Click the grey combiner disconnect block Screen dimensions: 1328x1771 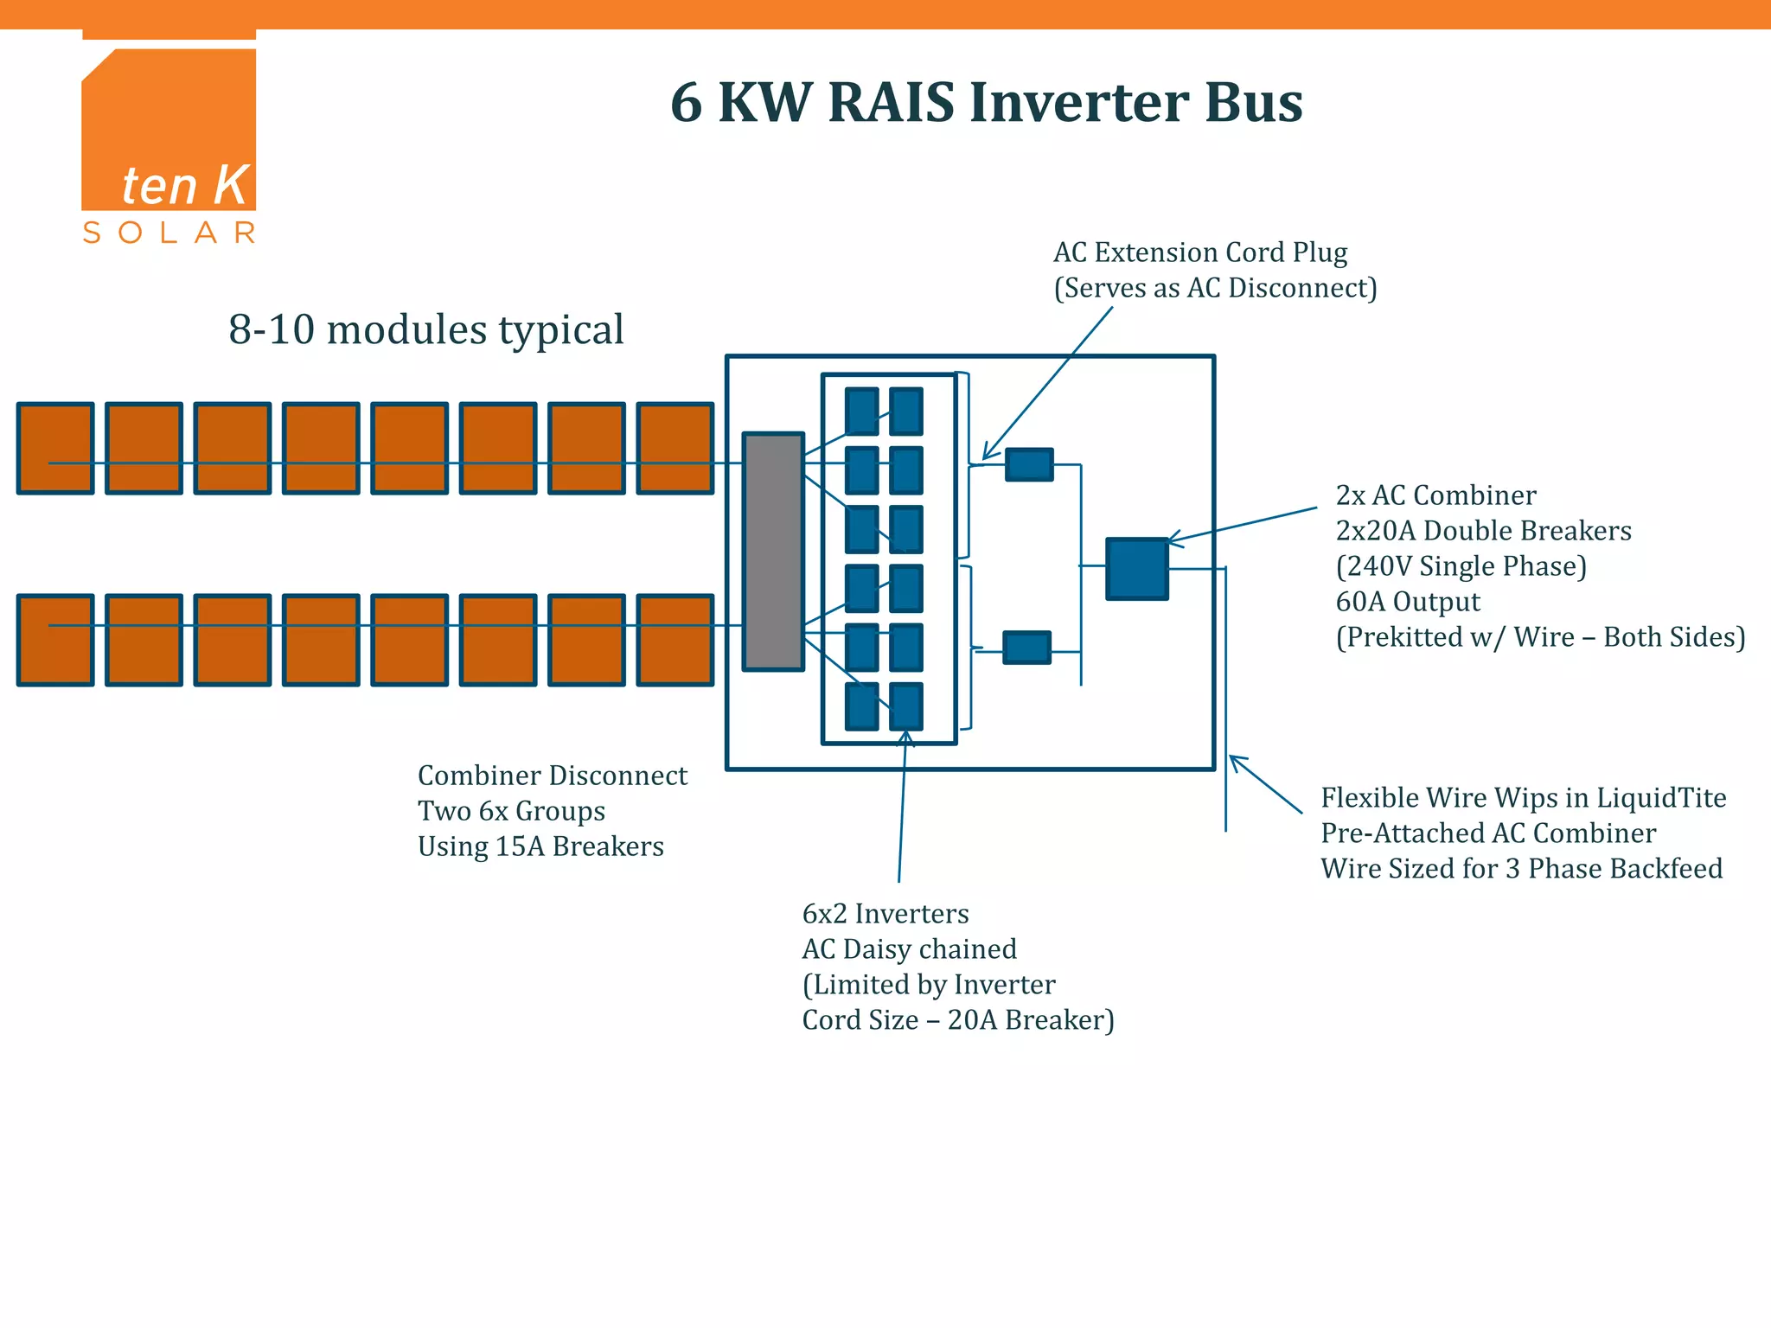773,552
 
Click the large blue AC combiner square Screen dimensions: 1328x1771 1137,568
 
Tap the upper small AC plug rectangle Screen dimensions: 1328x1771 1029,464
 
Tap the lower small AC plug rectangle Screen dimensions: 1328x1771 1026,647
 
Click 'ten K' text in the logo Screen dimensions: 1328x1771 184,185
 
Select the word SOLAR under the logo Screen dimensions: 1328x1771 169,233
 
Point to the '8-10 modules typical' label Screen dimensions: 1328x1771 425,329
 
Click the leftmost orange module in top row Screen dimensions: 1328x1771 55,448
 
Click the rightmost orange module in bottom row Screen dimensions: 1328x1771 675,640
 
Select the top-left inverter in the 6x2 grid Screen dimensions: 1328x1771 861,411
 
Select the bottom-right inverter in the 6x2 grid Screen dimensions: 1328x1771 906,705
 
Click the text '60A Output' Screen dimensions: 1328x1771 1407,602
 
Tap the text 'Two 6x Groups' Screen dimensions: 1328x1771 511,811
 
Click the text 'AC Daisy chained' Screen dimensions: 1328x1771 909,949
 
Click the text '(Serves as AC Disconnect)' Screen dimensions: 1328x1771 1214,288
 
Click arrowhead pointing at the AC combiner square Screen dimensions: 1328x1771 1173,540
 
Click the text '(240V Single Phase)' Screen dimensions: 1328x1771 1461,566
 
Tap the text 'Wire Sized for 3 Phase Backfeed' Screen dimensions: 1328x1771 1521,868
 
